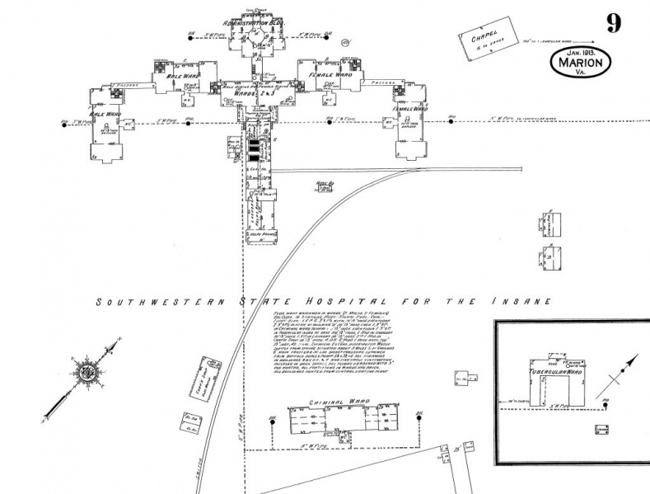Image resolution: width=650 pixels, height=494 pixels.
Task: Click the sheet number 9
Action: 613,23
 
